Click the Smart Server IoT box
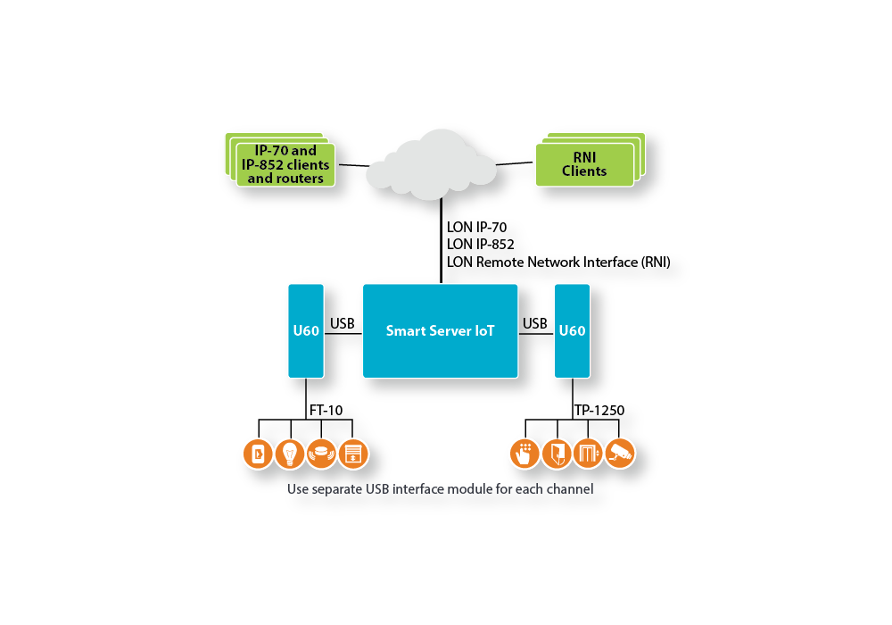tap(441, 330)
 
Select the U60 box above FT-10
tap(306, 330)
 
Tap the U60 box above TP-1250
tap(573, 330)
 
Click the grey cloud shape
tap(431, 164)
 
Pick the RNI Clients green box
tap(585, 164)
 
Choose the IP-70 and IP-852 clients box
tap(285, 164)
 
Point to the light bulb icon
tap(290, 454)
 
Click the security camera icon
tap(620, 454)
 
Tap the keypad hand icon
tap(524, 454)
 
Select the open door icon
tap(557, 454)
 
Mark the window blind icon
tap(353, 454)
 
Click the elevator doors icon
tap(588, 454)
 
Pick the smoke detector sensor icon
tap(321, 454)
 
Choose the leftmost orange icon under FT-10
tap(259, 454)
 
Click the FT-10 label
tap(326, 411)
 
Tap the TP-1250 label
tap(599, 411)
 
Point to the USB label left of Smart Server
tap(343, 323)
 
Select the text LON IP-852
tap(480, 244)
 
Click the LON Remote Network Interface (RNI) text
tap(558, 262)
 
